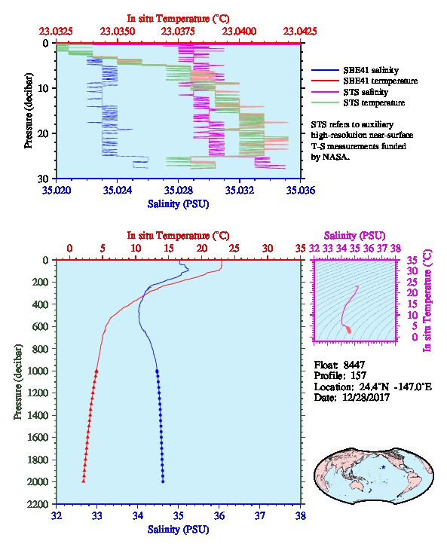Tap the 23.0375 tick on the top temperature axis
178,32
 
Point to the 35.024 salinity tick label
118,190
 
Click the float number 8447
354,365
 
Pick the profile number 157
358,376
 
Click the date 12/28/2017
366,397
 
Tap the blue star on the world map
384,467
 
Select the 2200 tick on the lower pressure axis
39,504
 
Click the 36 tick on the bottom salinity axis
219,515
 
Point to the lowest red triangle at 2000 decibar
84,481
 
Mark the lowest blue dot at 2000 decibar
163,481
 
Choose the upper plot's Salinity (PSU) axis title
178,203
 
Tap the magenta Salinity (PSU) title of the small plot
354,236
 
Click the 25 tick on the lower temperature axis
234,249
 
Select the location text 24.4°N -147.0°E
388,387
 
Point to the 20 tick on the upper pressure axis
42,133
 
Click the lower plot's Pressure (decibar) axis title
17,382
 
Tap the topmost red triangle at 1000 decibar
96,371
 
